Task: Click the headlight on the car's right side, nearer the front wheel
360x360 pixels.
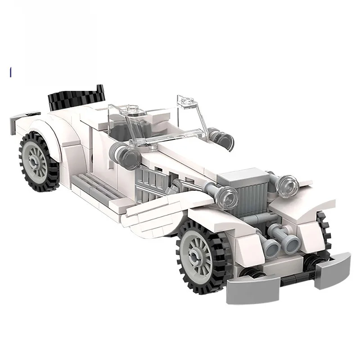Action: point(228,196)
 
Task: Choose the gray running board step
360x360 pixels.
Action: point(90,186)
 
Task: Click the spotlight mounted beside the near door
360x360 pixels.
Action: point(126,155)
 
